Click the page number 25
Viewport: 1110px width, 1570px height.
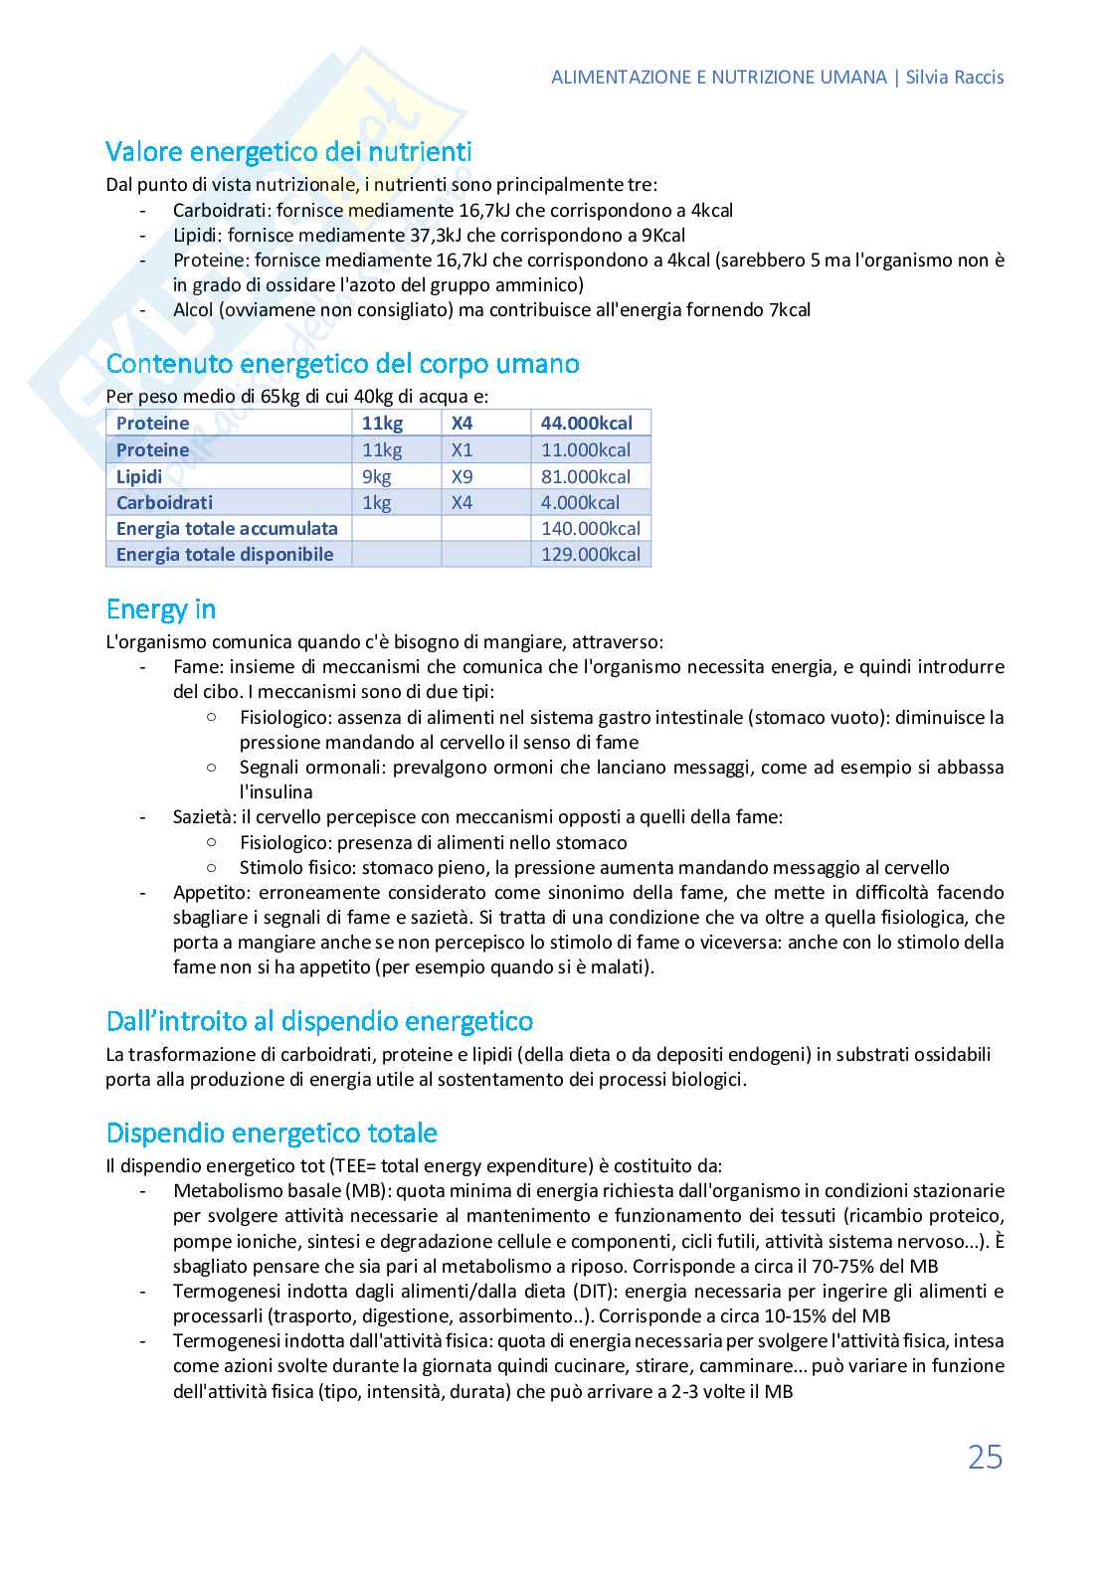coord(985,1458)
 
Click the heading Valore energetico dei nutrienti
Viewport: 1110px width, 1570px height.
coord(288,152)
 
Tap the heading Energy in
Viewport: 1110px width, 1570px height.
coord(161,609)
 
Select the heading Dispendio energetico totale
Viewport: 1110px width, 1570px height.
coord(272,1133)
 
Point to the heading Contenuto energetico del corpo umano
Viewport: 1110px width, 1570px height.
coord(342,363)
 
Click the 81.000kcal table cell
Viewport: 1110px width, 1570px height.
coord(585,476)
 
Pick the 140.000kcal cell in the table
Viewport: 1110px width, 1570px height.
coord(590,528)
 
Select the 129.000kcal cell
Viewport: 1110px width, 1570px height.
coord(590,554)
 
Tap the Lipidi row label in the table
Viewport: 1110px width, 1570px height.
coord(139,476)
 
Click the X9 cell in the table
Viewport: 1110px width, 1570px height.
coord(462,476)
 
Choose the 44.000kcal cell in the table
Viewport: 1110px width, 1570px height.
coord(586,423)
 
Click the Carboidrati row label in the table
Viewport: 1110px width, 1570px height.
coord(164,502)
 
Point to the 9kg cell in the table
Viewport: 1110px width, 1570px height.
coord(377,476)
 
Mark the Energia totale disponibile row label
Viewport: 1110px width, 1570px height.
coord(225,554)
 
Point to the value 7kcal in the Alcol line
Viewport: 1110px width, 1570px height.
coord(789,310)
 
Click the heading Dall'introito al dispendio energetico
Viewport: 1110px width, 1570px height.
coord(319,1021)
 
